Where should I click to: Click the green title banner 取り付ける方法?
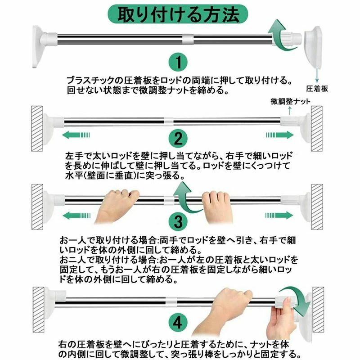click(x=178, y=14)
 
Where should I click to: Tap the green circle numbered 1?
click(x=178, y=62)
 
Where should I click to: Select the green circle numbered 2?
click(x=178, y=139)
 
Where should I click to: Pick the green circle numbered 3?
click(x=178, y=221)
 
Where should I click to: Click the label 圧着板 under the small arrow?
click(x=317, y=89)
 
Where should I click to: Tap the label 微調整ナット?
click(x=290, y=101)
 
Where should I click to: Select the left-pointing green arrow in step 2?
click(x=76, y=135)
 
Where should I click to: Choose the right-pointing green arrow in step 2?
click(x=280, y=135)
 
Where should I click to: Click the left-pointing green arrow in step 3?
click(x=76, y=216)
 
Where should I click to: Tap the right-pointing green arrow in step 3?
click(x=279, y=216)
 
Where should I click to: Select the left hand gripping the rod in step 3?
click(x=117, y=206)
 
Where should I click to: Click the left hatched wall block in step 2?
click(x=37, y=129)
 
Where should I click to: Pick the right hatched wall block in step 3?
click(x=317, y=207)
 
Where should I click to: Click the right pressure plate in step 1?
click(x=313, y=47)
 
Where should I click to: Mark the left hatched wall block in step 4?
click(x=38, y=310)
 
